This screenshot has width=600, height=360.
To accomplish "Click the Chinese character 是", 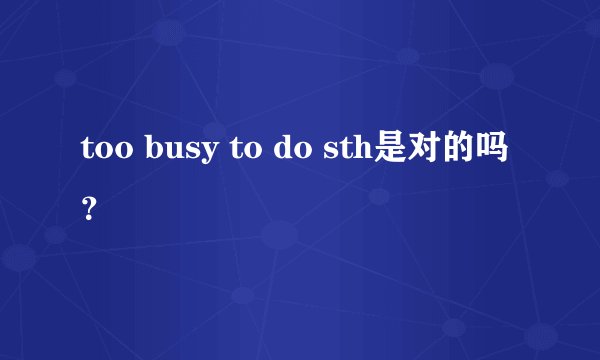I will (x=391, y=151).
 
